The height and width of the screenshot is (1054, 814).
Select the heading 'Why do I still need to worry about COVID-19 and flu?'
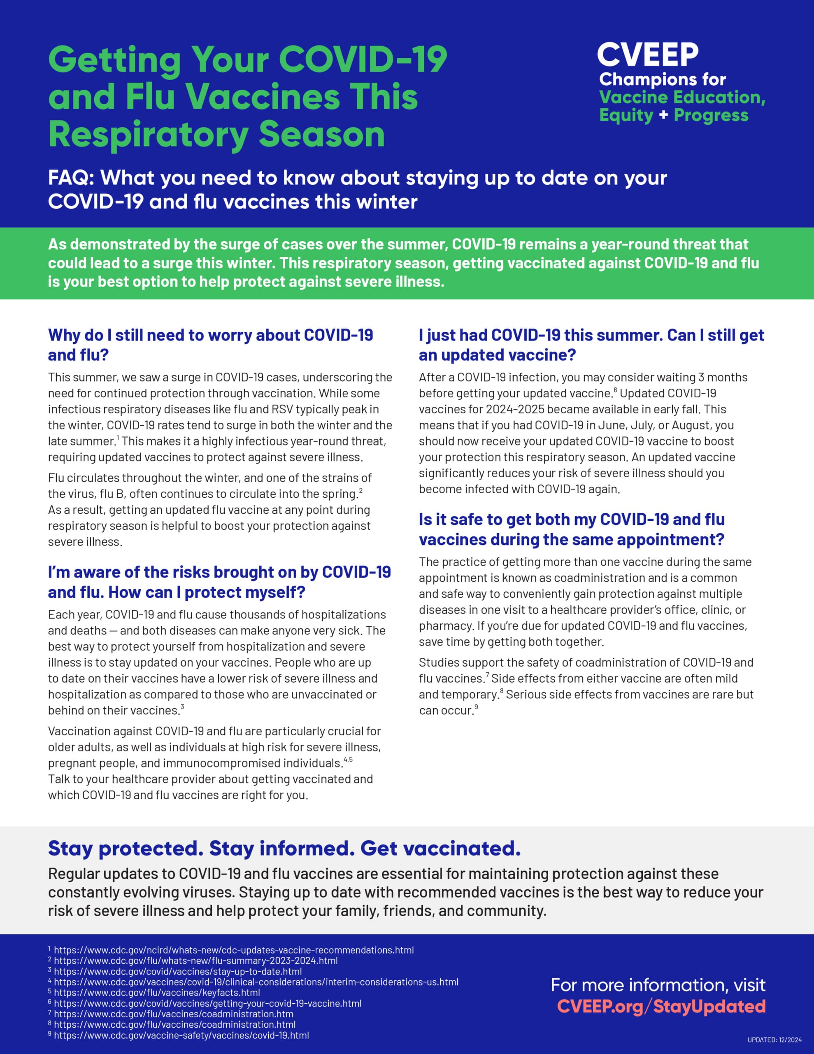210,345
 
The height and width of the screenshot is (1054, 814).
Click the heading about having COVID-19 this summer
591,345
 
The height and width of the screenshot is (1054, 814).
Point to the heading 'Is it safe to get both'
572,529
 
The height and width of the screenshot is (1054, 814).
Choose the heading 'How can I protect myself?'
219,582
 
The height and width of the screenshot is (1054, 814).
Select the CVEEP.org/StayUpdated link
661,1006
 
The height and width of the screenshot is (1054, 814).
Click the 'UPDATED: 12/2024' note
774,1040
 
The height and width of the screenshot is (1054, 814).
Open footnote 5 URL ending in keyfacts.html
157,993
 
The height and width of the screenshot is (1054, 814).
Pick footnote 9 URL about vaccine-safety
181,1035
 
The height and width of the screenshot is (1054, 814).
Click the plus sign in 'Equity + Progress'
663,115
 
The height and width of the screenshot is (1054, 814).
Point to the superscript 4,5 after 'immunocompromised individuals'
348,760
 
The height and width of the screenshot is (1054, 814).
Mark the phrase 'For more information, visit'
658,985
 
